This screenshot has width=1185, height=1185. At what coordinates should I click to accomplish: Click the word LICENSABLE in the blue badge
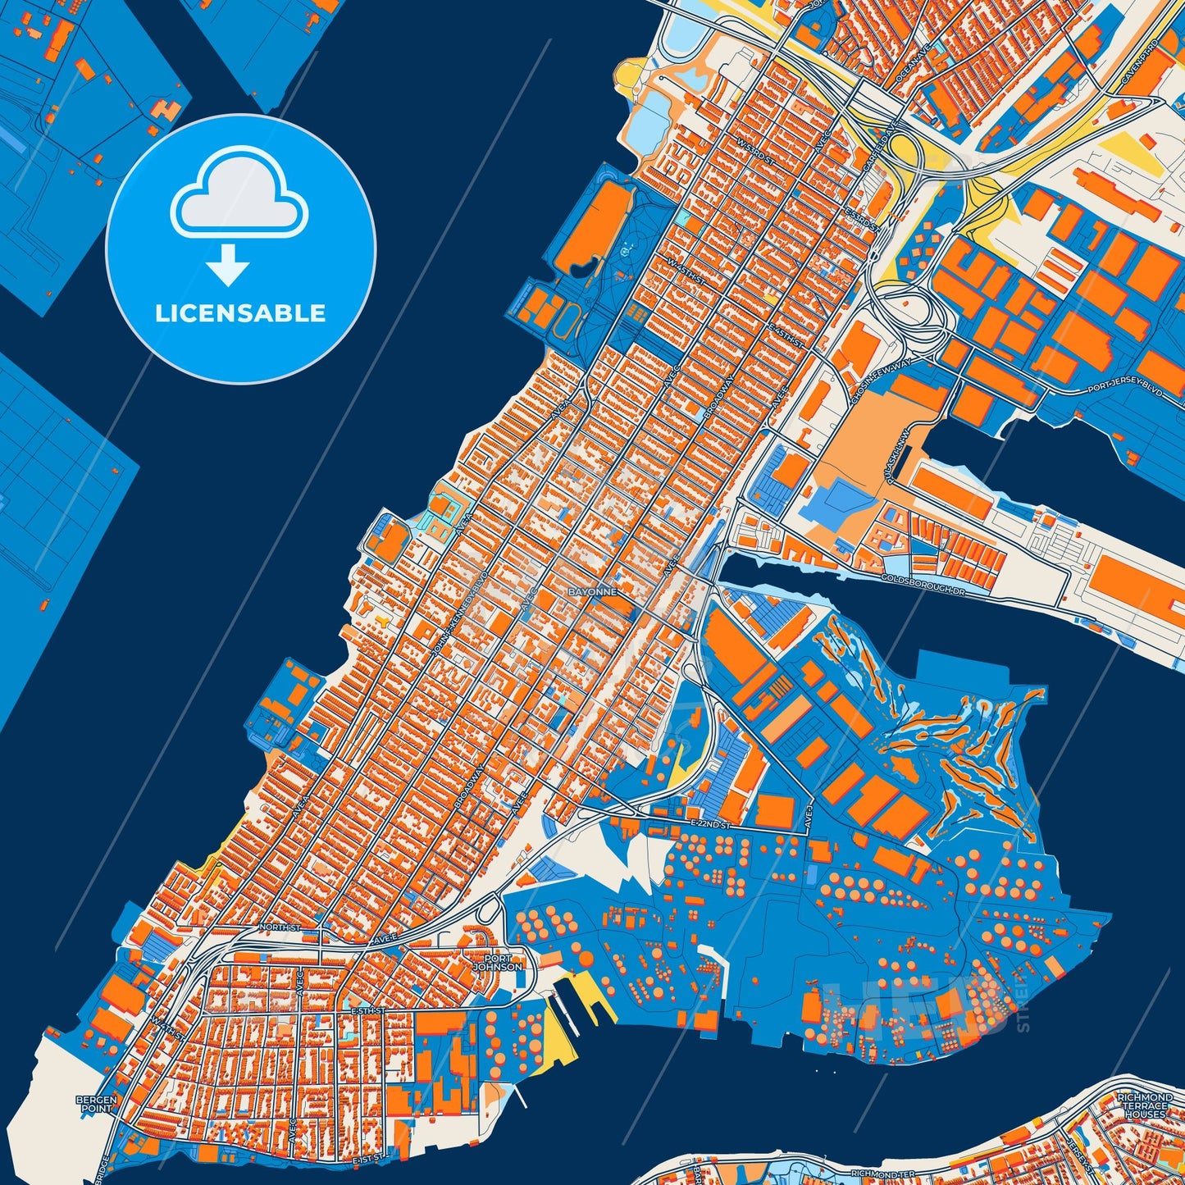(240, 313)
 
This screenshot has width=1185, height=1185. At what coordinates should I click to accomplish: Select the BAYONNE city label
(592, 591)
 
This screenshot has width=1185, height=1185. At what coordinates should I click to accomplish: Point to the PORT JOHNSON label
(497, 962)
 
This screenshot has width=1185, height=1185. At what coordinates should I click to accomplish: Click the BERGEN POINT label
(97, 1104)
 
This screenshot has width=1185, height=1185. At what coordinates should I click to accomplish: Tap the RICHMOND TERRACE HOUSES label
(1145, 1105)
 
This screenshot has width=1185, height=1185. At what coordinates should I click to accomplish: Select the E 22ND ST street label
(709, 823)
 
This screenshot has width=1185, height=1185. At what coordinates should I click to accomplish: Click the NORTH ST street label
(280, 927)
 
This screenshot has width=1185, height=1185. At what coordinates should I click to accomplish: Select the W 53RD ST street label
(755, 148)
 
